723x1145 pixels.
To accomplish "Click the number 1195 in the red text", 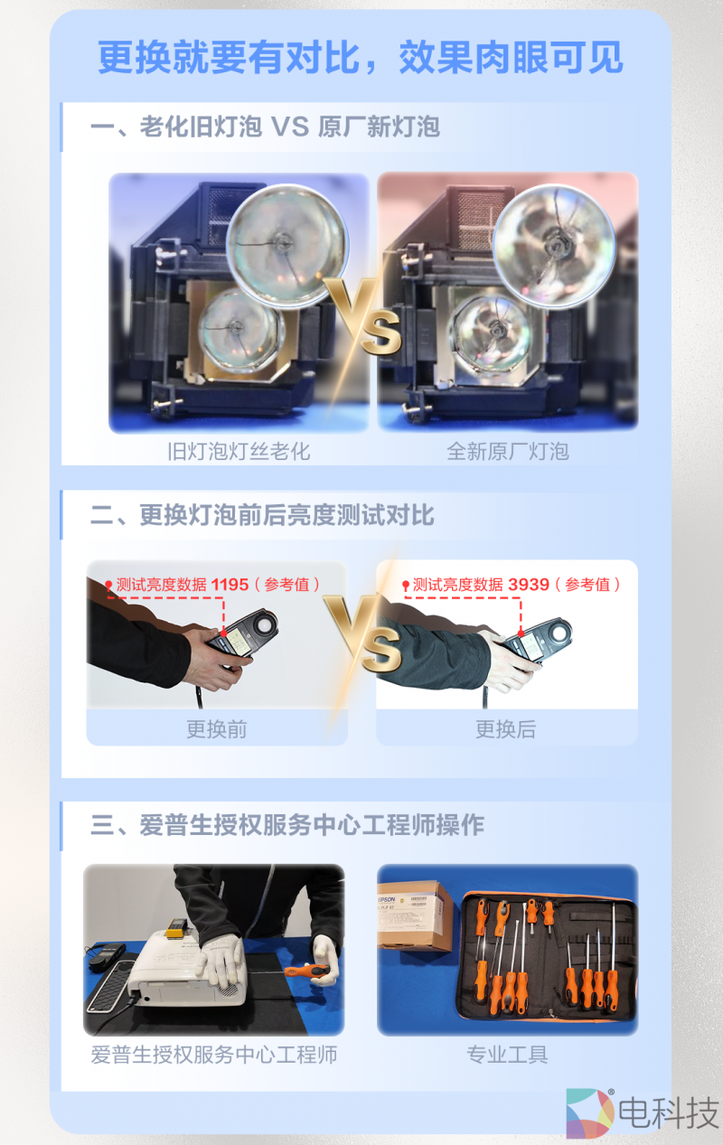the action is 230,585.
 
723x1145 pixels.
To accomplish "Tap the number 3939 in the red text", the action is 529,585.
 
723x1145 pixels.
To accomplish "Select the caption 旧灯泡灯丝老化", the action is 239,451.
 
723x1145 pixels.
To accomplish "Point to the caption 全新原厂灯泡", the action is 508,451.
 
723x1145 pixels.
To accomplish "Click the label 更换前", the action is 217,729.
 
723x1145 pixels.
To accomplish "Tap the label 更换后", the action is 506,729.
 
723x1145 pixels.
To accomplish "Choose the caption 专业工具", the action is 507,1054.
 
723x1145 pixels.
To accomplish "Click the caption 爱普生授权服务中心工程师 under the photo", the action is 214,1054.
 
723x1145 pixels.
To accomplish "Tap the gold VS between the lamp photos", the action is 364,316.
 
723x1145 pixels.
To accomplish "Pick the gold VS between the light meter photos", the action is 364,633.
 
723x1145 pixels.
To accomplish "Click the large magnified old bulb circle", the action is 287,247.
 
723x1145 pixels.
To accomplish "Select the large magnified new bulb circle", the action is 554,247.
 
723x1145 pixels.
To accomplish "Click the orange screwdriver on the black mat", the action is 306,971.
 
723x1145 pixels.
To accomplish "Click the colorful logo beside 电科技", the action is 589,1113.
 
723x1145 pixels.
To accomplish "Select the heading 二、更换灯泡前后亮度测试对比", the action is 262,515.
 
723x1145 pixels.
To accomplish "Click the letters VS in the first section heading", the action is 290,127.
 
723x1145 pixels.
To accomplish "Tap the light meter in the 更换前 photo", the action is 244,634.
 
